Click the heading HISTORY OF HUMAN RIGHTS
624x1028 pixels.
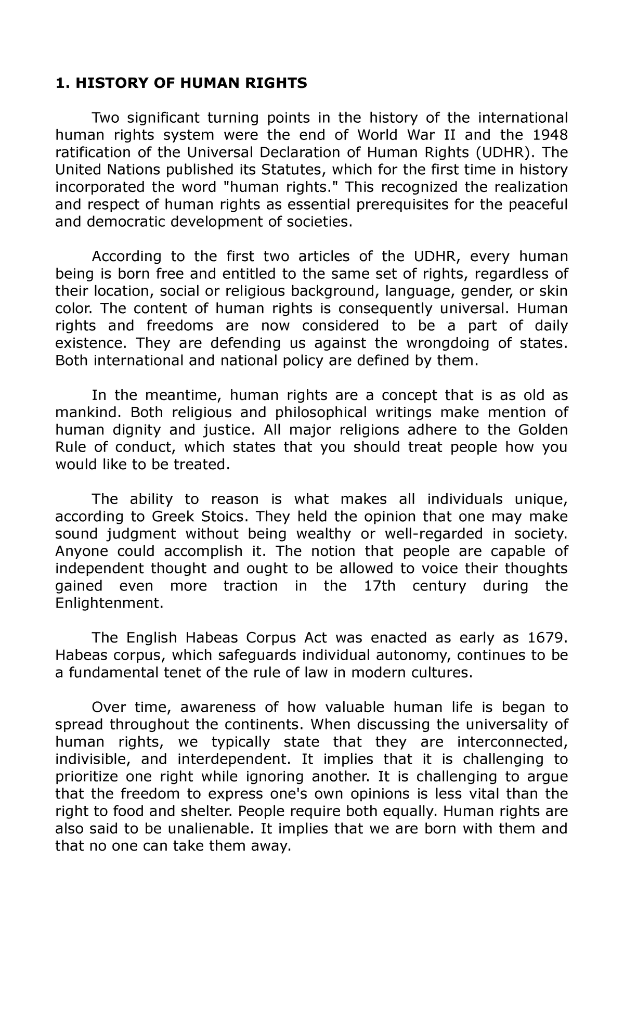pyautogui.click(x=181, y=83)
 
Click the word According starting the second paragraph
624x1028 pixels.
pyautogui.click(x=119, y=256)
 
